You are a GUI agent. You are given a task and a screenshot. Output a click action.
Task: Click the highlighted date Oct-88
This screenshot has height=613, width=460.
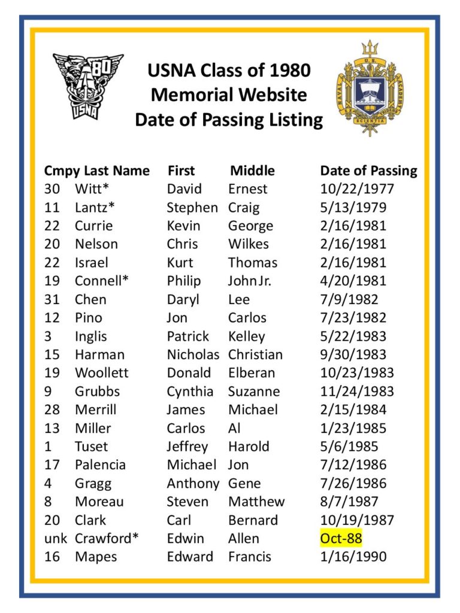(x=341, y=538)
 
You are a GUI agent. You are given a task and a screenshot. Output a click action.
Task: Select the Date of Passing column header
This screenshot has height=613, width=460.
(x=368, y=171)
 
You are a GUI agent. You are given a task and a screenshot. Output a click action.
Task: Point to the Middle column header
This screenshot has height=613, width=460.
(x=252, y=171)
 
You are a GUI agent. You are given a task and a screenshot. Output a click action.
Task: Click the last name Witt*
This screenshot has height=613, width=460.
(x=92, y=189)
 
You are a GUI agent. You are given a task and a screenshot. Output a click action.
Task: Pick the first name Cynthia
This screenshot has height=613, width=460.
(x=190, y=392)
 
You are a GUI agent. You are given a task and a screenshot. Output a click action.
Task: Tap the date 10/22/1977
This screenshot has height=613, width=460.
(x=357, y=189)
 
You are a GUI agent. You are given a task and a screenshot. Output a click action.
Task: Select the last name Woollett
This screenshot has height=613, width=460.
(x=101, y=373)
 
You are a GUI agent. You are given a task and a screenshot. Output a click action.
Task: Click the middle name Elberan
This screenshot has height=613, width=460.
(x=252, y=373)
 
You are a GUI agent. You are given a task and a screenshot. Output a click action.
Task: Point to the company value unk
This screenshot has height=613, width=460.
(x=56, y=538)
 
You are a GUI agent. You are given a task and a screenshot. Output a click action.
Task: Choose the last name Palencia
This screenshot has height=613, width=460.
(x=99, y=465)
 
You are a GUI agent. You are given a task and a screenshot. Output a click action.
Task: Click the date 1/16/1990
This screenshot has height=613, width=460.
(x=353, y=557)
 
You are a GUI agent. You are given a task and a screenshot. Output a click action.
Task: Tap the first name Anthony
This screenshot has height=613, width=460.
(x=193, y=483)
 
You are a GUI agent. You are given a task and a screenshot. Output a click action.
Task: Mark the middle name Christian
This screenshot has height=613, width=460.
(x=255, y=354)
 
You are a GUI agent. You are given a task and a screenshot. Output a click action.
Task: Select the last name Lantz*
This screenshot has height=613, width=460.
(x=95, y=208)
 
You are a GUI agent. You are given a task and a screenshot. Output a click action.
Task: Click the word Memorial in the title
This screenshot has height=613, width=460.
(x=189, y=95)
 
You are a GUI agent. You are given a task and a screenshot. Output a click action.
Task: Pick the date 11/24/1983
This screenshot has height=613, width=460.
(x=357, y=392)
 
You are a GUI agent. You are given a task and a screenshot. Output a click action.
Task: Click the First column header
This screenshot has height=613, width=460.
(x=181, y=171)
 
